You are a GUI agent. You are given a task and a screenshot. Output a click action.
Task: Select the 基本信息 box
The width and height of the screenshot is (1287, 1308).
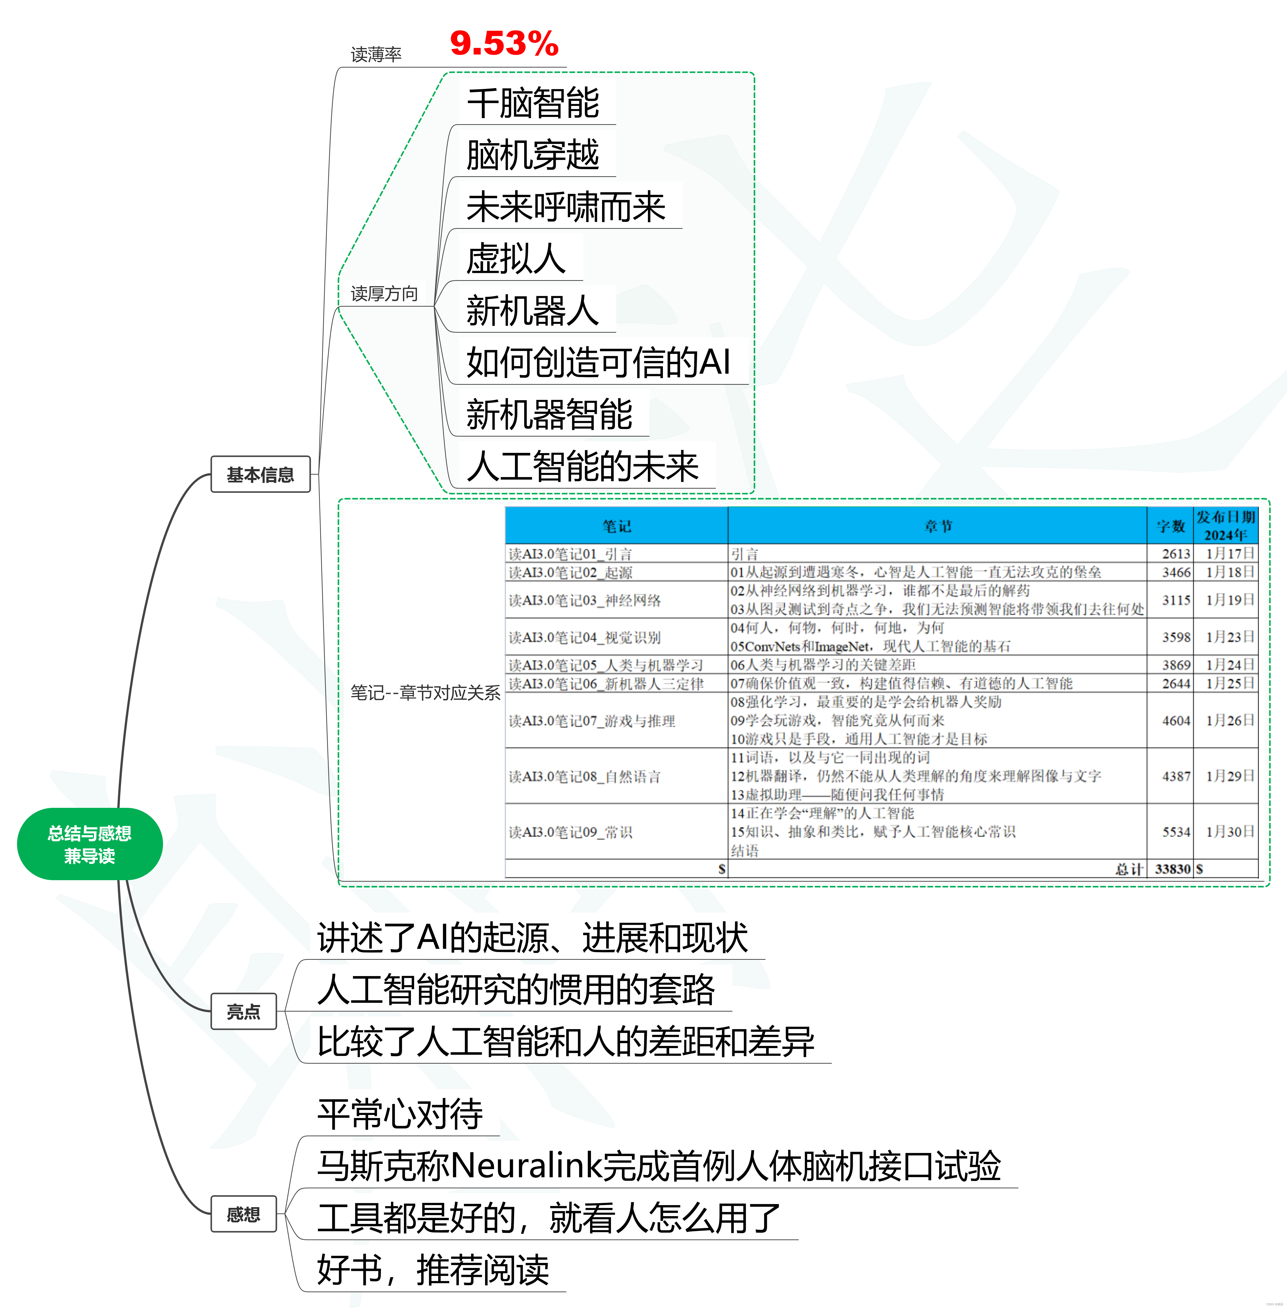(x=260, y=474)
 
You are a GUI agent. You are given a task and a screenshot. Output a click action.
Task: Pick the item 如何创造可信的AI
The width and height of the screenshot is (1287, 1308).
(x=598, y=362)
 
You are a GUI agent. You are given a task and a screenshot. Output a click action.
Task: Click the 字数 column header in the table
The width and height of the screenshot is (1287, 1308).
(x=1170, y=526)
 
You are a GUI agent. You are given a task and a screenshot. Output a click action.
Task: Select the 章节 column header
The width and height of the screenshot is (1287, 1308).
(x=938, y=526)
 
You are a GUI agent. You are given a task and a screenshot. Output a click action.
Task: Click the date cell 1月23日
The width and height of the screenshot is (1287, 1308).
(x=1230, y=636)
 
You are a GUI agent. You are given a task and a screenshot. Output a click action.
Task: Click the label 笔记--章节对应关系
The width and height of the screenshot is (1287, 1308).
(x=425, y=692)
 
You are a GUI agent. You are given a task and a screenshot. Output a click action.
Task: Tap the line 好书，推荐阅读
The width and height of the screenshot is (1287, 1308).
(x=433, y=1269)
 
